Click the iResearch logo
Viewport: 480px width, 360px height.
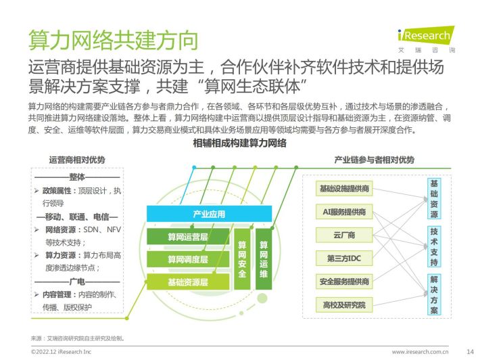coord(426,39)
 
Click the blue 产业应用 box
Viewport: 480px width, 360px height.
coord(209,214)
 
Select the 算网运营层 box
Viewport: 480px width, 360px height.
coord(188,237)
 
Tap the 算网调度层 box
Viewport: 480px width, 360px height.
coord(188,259)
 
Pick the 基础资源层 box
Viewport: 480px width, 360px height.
coord(188,282)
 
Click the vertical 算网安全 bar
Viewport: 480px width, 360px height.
coord(242,259)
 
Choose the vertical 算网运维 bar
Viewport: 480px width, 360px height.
coord(264,259)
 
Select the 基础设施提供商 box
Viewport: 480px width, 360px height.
coord(344,188)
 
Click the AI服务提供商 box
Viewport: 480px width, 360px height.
coord(344,212)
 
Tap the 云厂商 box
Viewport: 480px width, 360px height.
coord(344,235)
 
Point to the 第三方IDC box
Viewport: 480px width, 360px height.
coord(344,258)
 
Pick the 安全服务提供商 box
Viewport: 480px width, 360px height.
coord(344,282)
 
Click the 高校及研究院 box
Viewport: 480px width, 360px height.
coord(344,305)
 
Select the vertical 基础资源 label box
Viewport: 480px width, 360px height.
coord(434,198)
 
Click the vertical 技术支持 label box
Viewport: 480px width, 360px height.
coord(434,246)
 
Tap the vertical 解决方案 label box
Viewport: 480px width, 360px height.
coord(434,294)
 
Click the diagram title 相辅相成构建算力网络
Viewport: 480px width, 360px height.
coord(240,143)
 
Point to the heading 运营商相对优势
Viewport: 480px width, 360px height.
coord(77,160)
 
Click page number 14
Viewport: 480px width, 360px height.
coord(470,351)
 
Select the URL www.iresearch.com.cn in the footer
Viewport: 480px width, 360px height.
coord(420,352)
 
